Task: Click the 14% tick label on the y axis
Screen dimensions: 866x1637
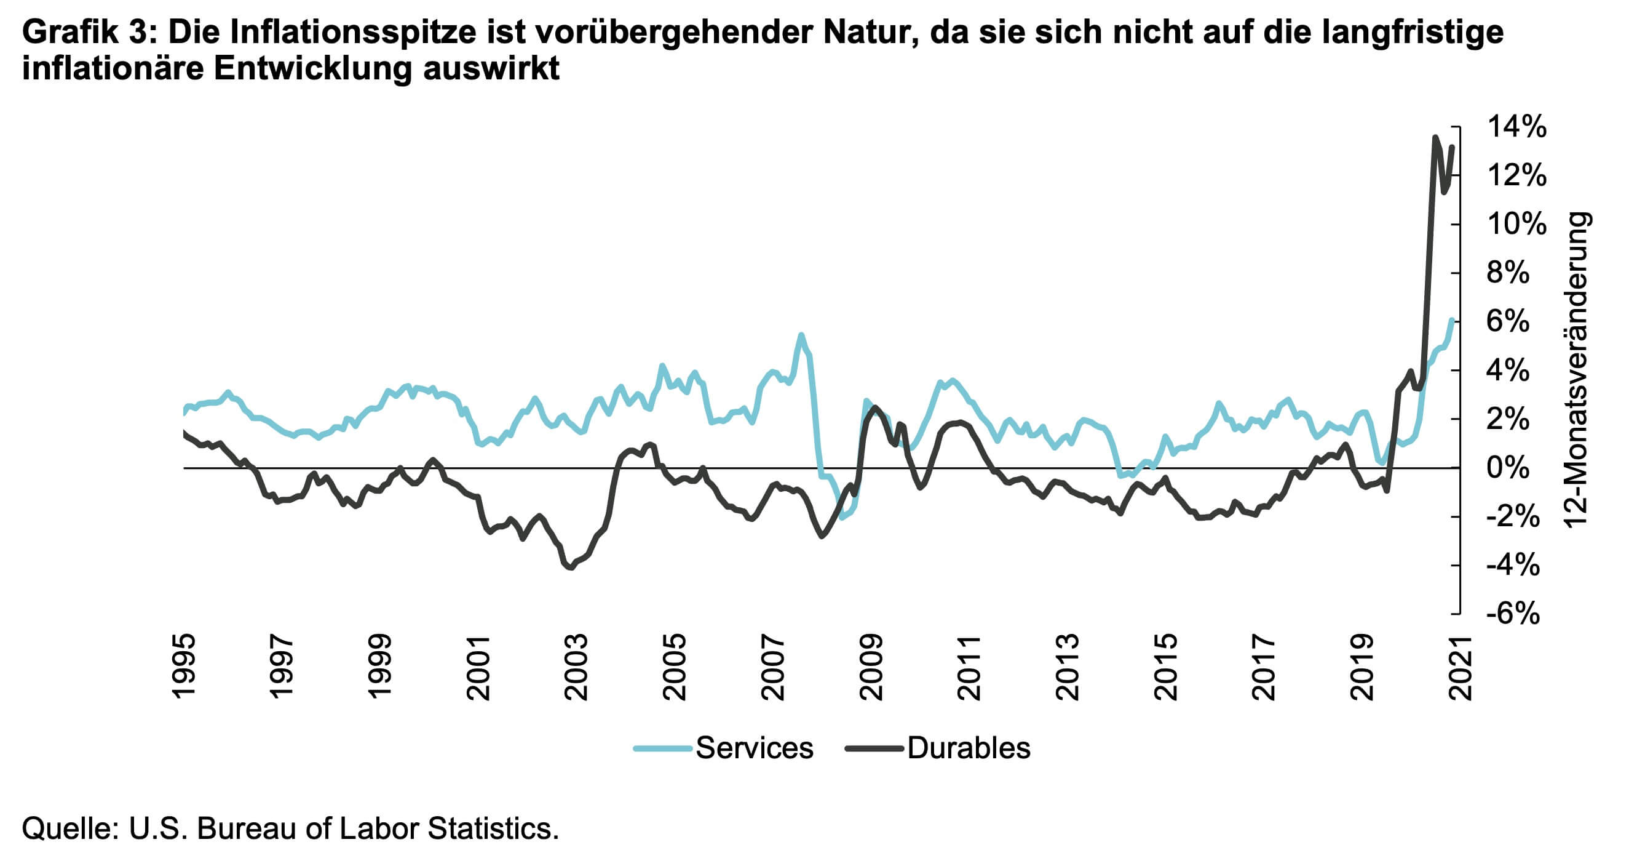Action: [x=1516, y=127]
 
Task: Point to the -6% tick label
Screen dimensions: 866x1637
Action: [x=1512, y=614]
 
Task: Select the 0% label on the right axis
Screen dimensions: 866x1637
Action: [x=1507, y=467]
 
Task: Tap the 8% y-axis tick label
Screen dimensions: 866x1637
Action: [x=1507, y=273]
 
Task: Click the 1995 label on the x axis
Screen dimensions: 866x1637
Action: [x=184, y=667]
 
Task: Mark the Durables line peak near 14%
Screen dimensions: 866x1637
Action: [x=1435, y=137]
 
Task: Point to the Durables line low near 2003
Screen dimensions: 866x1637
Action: [x=570, y=567]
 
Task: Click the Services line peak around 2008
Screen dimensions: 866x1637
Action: [x=801, y=335]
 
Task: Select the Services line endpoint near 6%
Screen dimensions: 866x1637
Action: [x=1452, y=320]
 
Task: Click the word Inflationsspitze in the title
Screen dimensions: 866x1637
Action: [x=353, y=32]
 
